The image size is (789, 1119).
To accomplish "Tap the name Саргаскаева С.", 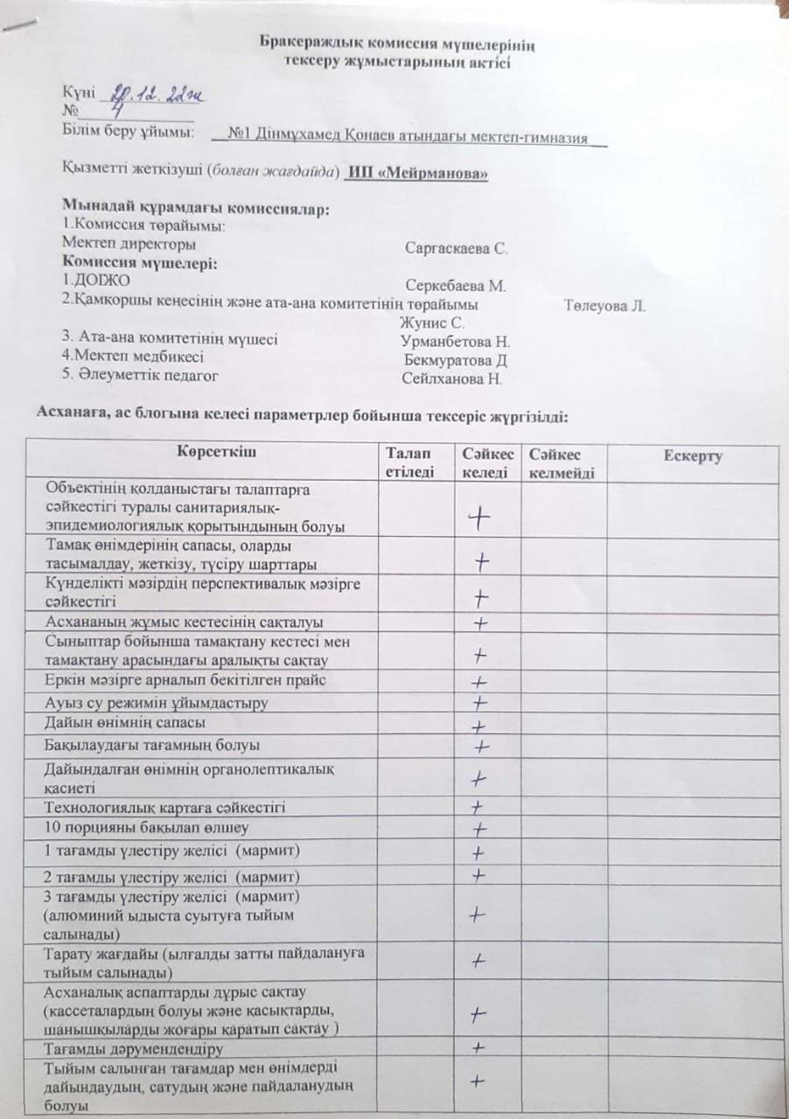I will [457, 248].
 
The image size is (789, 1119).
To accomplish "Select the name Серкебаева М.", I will [457, 286].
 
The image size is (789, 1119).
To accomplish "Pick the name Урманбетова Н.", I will [455, 342].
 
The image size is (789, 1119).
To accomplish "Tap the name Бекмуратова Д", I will [457, 360].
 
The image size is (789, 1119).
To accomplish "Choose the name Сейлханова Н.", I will [452, 379].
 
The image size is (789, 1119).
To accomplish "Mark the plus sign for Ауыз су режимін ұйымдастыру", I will [479, 703].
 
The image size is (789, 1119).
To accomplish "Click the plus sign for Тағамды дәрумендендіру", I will [478, 1047].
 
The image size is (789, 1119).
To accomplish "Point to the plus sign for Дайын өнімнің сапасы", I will [478, 726].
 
